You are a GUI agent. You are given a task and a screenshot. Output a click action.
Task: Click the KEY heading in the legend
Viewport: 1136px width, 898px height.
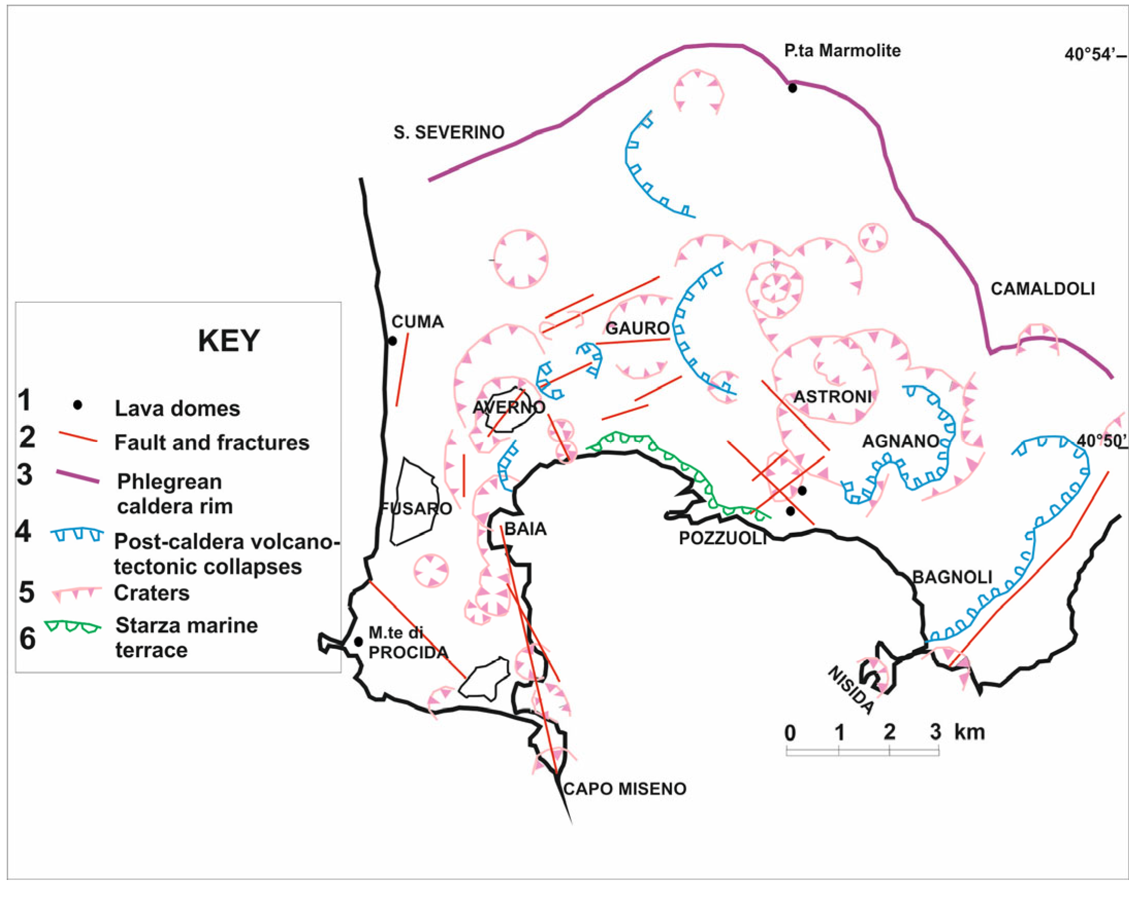point(228,341)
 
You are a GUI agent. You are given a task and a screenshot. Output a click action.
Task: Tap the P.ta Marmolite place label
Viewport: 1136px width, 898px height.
point(842,51)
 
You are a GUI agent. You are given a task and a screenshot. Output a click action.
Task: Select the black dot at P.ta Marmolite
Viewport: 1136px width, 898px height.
point(792,88)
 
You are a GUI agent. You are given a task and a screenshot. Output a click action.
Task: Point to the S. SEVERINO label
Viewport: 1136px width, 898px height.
point(449,132)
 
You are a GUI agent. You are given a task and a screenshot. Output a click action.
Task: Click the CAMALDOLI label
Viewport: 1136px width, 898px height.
point(1043,289)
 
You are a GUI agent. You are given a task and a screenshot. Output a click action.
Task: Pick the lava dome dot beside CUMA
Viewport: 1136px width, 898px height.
point(392,341)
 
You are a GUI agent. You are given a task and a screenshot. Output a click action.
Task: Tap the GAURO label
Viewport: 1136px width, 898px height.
point(637,328)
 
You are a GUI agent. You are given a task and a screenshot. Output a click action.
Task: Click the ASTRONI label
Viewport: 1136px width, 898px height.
point(832,397)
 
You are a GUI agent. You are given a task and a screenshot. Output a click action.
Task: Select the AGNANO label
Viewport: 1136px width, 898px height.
point(900,441)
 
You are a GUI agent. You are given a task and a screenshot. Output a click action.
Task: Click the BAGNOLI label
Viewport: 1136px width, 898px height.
point(951,577)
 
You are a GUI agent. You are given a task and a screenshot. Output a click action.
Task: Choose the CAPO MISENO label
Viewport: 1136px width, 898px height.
point(624,789)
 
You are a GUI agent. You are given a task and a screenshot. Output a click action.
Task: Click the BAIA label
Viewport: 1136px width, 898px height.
point(525,529)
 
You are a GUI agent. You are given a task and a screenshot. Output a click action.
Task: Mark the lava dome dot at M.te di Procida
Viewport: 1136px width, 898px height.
point(358,642)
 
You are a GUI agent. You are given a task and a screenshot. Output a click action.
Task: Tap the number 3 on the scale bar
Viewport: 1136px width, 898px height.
point(935,732)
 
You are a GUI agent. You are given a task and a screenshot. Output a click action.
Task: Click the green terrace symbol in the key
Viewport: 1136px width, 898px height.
point(72,627)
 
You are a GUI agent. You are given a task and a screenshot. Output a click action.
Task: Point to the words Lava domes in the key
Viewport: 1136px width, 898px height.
point(177,409)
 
